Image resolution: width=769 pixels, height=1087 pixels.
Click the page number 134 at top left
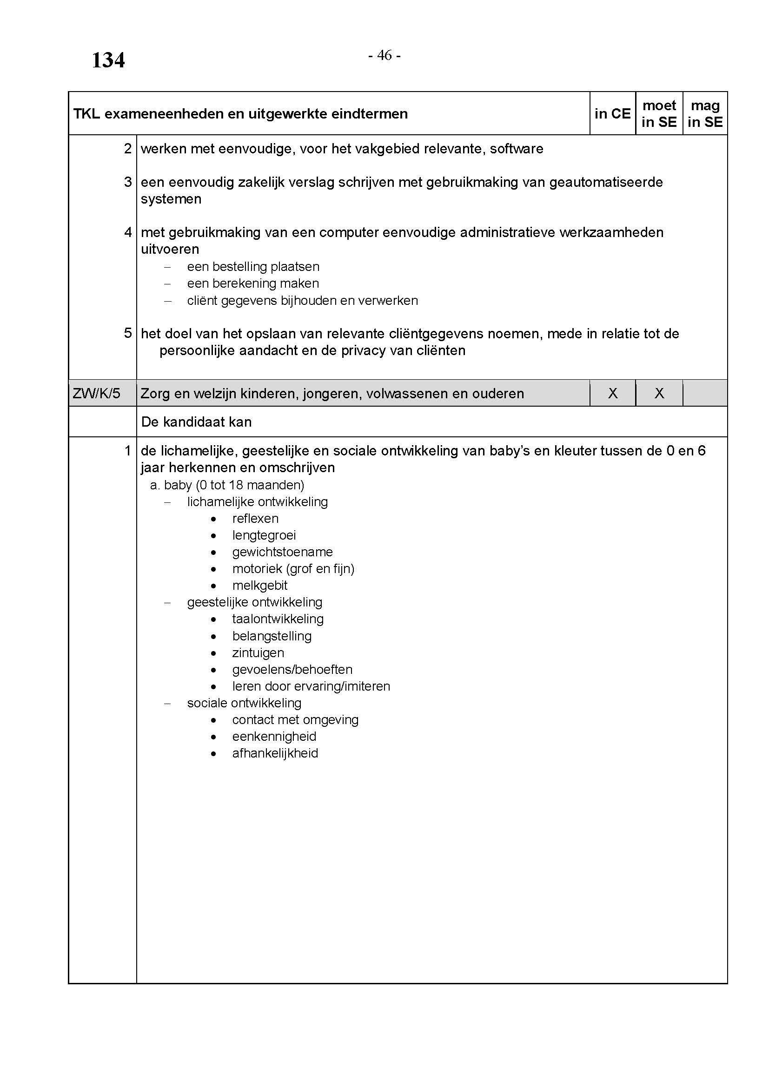(x=108, y=60)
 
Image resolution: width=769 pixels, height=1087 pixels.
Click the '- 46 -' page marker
(x=384, y=56)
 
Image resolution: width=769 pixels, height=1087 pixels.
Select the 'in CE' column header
(x=612, y=113)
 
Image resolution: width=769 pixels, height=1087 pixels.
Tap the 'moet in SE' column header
(x=659, y=113)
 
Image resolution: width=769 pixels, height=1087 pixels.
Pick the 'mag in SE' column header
(x=705, y=113)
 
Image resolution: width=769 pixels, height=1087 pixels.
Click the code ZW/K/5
(x=97, y=394)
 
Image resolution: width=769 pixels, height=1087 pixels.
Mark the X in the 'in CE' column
(x=613, y=394)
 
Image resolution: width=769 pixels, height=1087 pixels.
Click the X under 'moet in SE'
(x=659, y=394)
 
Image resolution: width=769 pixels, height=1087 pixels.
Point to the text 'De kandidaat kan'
(x=196, y=422)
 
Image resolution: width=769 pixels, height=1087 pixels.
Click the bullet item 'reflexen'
(x=255, y=519)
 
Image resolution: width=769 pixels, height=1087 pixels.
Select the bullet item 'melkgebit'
(x=260, y=586)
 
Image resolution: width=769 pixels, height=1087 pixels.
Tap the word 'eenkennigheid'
(x=274, y=737)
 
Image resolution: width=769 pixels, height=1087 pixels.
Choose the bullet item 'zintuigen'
(x=258, y=653)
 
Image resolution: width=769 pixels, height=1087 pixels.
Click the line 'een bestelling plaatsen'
(x=253, y=267)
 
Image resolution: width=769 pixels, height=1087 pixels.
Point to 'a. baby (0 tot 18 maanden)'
(x=227, y=485)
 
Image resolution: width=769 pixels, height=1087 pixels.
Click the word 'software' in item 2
(x=517, y=149)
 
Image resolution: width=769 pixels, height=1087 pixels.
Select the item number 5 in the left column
(x=128, y=333)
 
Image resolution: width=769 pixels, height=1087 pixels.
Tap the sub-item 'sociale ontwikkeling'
(x=245, y=703)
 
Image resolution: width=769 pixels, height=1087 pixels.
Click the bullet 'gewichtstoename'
(x=282, y=552)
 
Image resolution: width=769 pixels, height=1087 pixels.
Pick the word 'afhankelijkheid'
(x=275, y=753)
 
